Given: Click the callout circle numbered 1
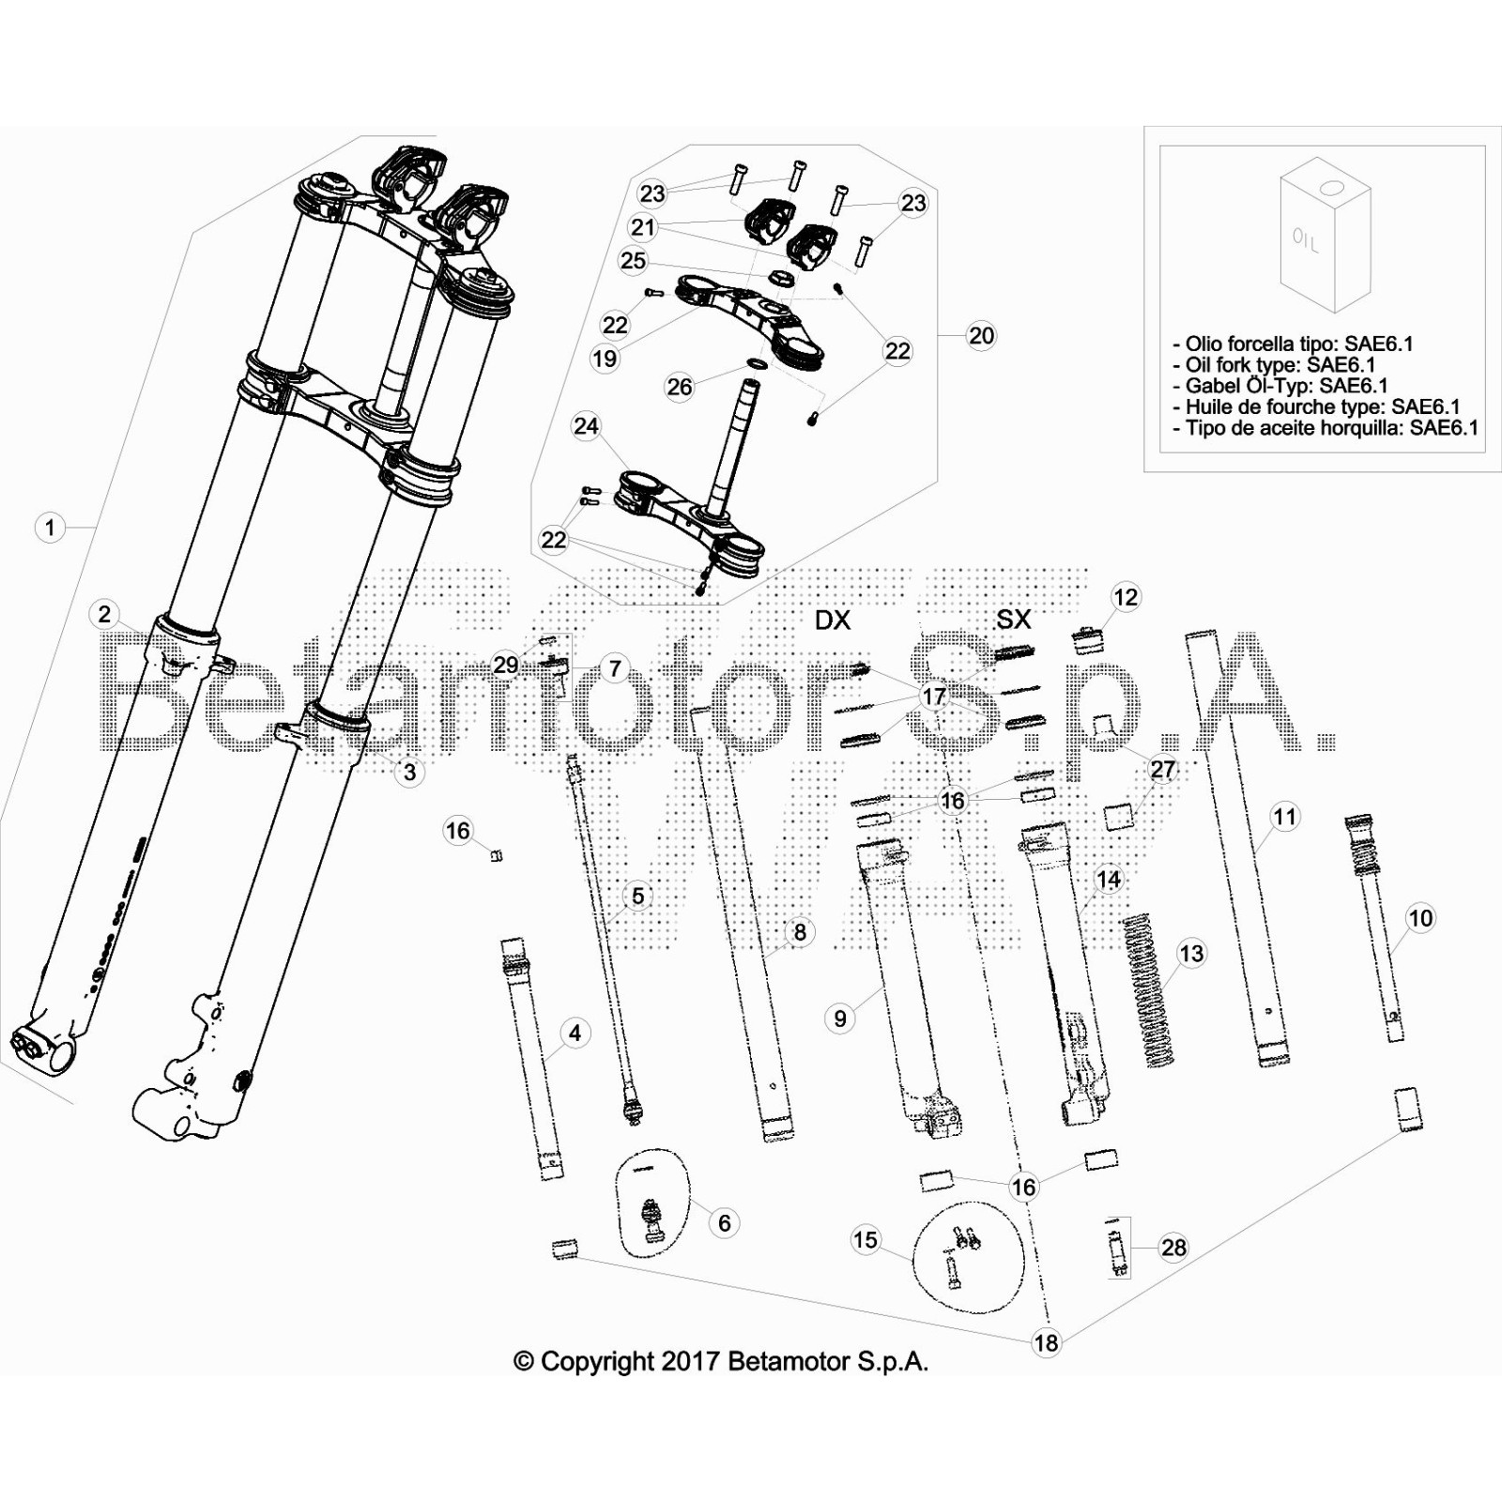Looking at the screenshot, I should tap(50, 528).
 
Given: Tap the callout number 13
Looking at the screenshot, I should tap(1190, 954).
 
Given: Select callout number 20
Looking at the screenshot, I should tap(981, 335).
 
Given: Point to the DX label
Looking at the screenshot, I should tap(832, 620).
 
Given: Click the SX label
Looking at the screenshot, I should tap(1013, 619).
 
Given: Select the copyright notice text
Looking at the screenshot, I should tap(721, 1361).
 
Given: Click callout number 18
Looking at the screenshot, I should tap(1045, 1342).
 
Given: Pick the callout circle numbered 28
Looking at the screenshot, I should tap(1173, 1248).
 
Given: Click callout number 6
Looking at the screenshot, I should tap(724, 1222).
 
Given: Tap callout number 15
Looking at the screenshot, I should tap(865, 1240).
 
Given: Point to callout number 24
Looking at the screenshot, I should tap(586, 426).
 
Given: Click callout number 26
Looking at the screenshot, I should tap(679, 386).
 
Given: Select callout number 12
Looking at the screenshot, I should tap(1125, 597).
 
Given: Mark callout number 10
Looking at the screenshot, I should tap(1420, 917).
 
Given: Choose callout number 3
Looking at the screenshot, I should tap(409, 772).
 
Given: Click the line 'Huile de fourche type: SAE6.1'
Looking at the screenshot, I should tap(1322, 406).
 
